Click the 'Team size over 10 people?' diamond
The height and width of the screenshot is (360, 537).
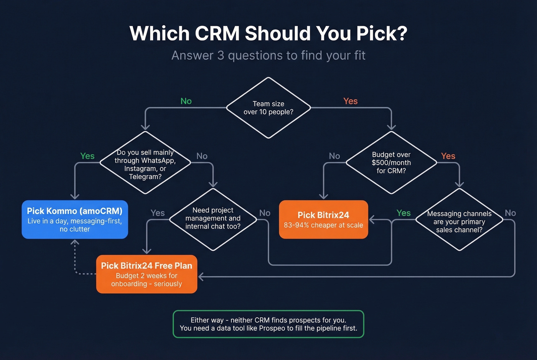point(268,108)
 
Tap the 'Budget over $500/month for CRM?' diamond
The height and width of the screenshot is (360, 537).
point(391,163)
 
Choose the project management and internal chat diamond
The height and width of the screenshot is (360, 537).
point(213,219)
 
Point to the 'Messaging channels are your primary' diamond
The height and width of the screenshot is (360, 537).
point(459,221)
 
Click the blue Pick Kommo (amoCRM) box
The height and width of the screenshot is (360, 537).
point(75,219)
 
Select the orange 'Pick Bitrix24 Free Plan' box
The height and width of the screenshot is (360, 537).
point(147,274)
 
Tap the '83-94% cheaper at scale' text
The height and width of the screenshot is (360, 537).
point(323,225)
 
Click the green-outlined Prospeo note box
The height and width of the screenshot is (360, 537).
point(268,324)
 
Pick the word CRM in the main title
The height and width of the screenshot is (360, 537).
point(217,33)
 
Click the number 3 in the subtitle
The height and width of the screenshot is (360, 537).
point(221,56)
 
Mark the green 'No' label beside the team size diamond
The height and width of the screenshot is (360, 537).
point(186,101)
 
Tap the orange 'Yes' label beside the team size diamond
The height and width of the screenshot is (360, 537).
point(350,101)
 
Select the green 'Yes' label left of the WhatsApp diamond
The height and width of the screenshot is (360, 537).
point(87,156)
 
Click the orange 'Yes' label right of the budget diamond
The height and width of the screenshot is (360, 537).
point(448,156)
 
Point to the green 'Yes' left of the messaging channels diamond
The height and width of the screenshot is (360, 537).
point(404,213)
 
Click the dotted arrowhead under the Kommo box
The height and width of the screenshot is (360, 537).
point(75,242)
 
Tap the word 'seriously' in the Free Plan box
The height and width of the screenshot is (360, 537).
point(168,284)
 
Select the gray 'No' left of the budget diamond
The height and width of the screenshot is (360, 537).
point(334,156)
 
